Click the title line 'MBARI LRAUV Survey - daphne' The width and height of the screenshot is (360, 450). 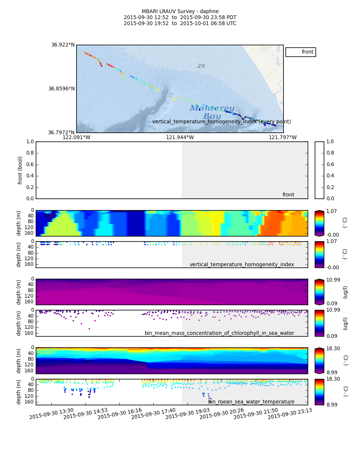pos(180,12)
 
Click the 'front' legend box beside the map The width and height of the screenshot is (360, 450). pos(300,52)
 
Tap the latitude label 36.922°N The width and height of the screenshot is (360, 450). pos(63,45)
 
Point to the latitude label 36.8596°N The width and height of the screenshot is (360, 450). pos(61,89)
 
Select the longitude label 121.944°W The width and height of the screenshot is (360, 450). pos(180,138)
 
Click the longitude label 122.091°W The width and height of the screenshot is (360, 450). pos(76,138)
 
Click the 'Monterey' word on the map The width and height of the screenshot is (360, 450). pos(212,108)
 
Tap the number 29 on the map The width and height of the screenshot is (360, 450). pos(201,66)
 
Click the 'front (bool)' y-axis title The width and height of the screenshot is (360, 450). pos(20,170)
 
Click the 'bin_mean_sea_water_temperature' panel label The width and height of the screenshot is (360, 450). pos(251,402)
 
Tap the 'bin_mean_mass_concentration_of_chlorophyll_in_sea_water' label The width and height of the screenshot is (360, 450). pos(219,333)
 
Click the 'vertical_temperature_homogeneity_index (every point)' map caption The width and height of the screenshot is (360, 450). pos(221,122)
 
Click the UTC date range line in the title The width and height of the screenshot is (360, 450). pos(180,24)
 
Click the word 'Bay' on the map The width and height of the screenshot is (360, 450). pos(212,116)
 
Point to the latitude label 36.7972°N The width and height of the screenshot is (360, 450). pos(61,133)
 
